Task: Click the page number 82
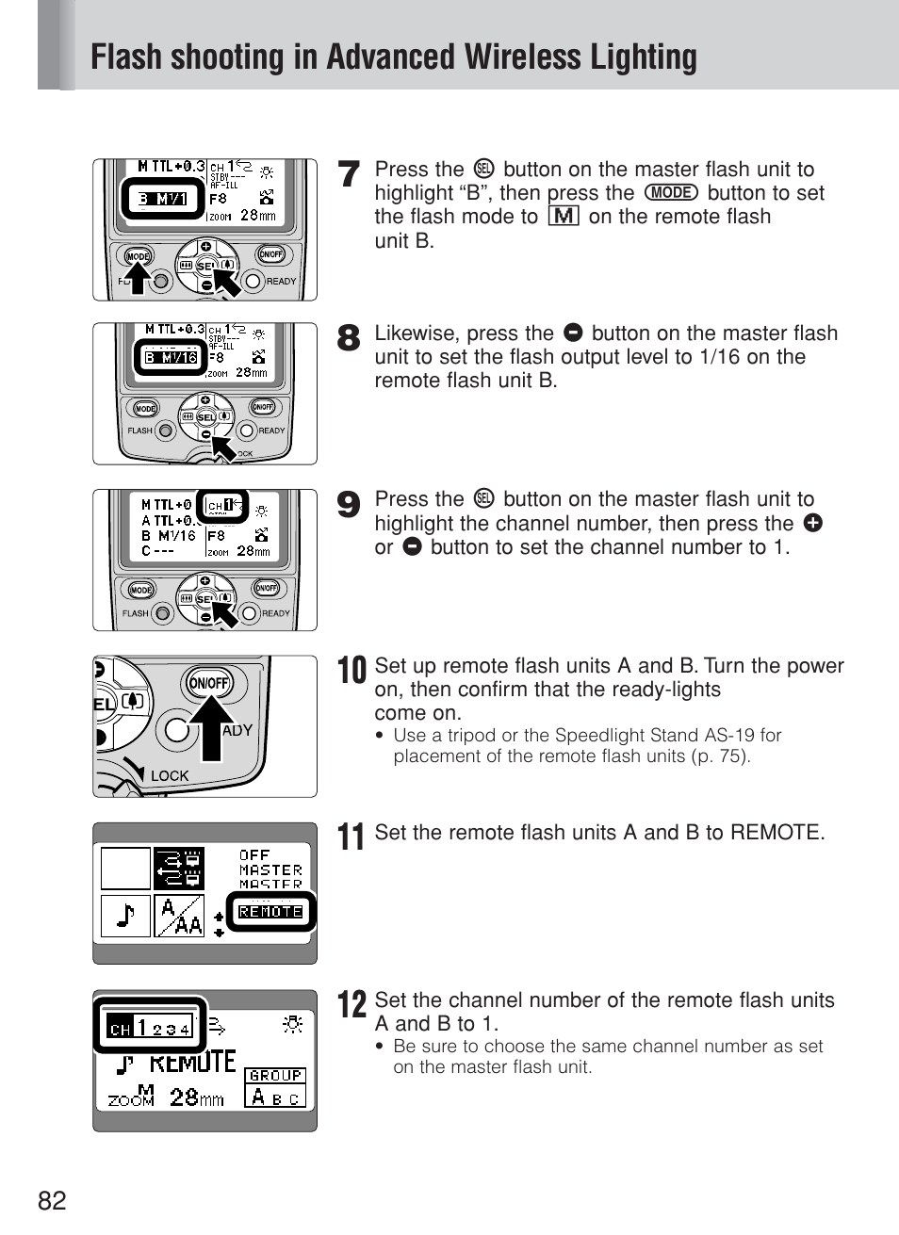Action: (x=53, y=1200)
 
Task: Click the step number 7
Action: (x=350, y=173)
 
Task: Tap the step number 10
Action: (x=351, y=671)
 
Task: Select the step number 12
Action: (x=351, y=1004)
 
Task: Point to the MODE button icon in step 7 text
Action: (x=671, y=193)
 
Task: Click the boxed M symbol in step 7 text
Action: (x=563, y=217)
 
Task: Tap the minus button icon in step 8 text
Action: (x=573, y=333)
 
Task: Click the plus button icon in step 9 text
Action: (x=812, y=523)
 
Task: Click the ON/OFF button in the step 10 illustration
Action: (x=209, y=683)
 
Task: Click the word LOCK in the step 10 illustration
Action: (x=170, y=776)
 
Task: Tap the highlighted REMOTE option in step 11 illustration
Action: (x=270, y=912)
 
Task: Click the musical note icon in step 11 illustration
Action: (x=125, y=915)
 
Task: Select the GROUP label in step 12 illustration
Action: (x=275, y=1075)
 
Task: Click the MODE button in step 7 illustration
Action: (x=138, y=256)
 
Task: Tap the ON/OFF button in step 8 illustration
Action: (x=263, y=407)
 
